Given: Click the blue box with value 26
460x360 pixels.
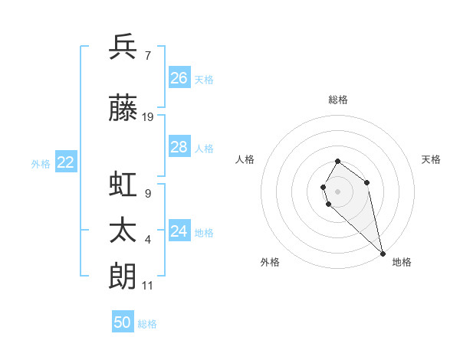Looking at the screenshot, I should [179, 78].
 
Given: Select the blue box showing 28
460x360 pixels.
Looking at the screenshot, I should [179, 147].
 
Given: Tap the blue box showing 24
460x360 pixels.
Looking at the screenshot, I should [179, 231].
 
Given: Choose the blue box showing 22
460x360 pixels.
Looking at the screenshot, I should [66, 162].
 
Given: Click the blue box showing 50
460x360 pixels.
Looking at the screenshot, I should [123, 322].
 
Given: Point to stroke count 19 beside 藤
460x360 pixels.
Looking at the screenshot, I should [148, 117].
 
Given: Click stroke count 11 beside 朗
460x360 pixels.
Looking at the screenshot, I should [148, 286].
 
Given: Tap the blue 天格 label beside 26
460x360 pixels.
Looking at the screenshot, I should [204, 79].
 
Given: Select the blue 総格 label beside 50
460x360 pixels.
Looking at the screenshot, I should [147, 324].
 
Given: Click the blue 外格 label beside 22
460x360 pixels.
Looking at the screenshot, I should [41, 163].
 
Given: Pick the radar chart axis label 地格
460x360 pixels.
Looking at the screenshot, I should [402, 262].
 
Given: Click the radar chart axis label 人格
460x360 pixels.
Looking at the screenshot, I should [245, 159].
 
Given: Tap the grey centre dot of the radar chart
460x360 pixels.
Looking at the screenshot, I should [337, 190].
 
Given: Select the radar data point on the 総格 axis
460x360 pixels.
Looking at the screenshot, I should [337, 162].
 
